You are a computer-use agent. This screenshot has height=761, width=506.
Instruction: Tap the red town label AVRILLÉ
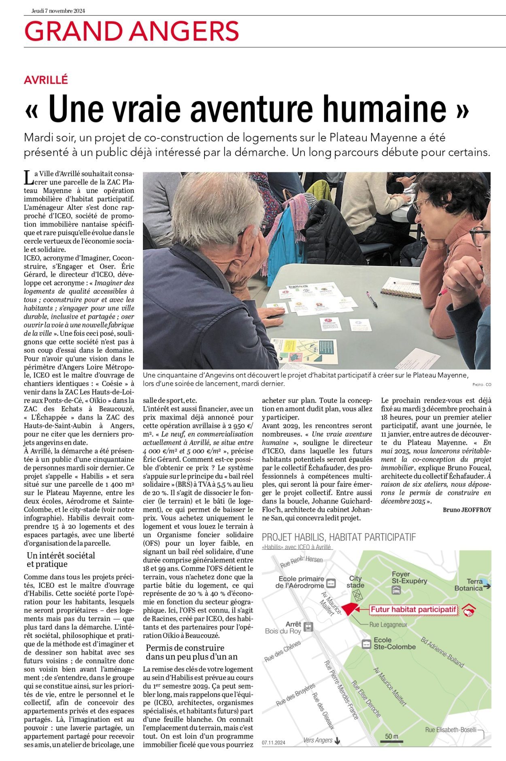click(46, 80)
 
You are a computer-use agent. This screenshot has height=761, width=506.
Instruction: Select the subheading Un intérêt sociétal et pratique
click(61, 560)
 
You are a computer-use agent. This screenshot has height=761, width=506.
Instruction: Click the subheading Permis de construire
click(185, 648)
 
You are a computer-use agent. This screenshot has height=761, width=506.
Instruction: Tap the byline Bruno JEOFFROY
click(467, 510)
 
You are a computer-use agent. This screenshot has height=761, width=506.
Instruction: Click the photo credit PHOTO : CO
click(481, 384)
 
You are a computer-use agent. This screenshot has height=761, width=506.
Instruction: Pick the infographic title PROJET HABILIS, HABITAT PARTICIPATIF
click(339, 537)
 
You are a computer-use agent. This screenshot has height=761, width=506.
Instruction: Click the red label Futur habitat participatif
click(413, 609)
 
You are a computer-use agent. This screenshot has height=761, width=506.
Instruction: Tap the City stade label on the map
click(355, 582)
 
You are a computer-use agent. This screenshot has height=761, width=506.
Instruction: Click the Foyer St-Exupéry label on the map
click(409, 577)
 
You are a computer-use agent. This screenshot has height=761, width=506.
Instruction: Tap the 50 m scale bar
click(391, 738)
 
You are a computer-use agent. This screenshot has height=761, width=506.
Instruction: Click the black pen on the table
click(372, 299)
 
